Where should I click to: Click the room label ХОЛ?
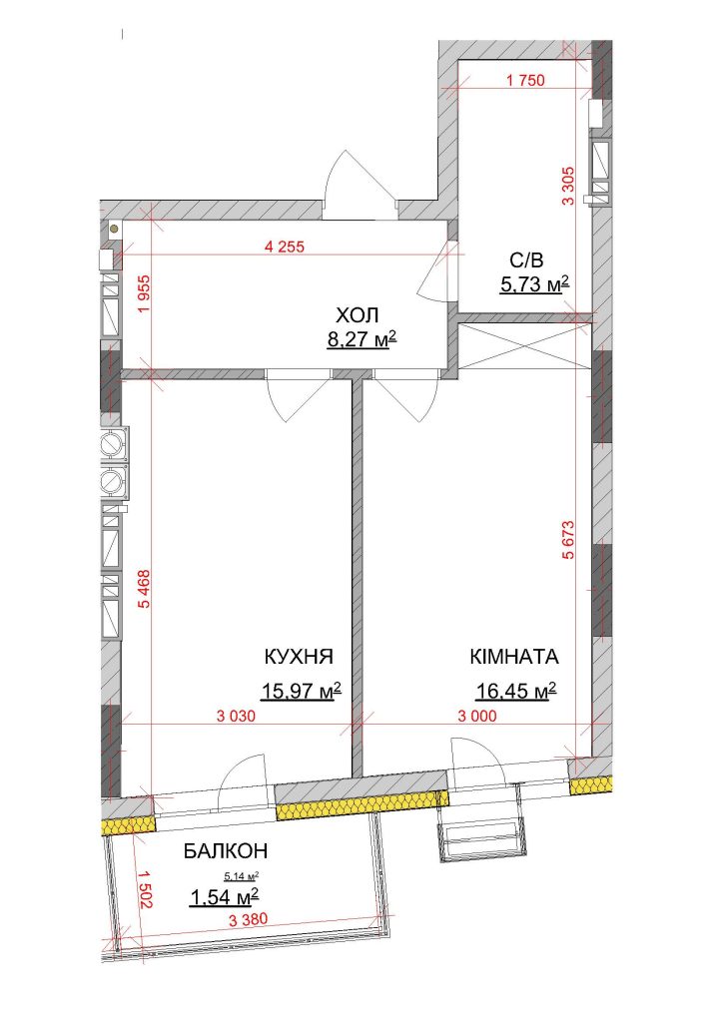tap(358, 316)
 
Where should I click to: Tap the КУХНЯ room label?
tap(299, 657)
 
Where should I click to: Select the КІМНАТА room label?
tap(514, 657)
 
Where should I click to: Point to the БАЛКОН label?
tap(226, 850)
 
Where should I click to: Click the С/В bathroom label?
tap(526, 260)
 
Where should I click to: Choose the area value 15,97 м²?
tap(302, 690)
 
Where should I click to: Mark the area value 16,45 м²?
tap(516, 690)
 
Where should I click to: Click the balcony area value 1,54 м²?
tap(225, 897)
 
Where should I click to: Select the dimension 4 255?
tap(285, 248)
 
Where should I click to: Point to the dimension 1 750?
tap(525, 81)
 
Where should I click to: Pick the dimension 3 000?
tap(476, 716)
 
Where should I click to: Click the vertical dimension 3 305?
tap(568, 186)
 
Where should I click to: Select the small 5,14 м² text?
tap(242, 876)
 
